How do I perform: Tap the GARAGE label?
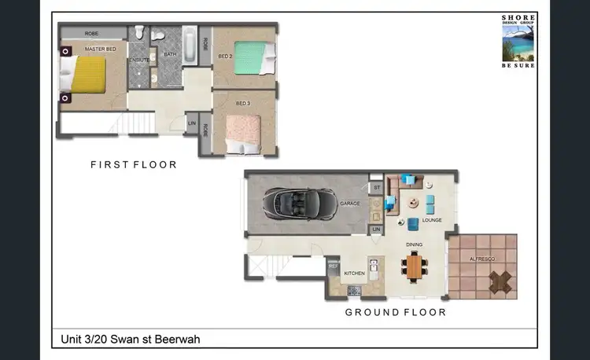pyautogui.click(x=350, y=204)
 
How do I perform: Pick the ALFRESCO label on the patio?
pyautogui.click(x=482, y=258)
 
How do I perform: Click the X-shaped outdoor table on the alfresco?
pyautogui.click(x=499, y=280)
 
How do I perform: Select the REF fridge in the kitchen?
pyautogui.click(x=333, y=267)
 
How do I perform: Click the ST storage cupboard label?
pyautogui.click(x=376, y=188)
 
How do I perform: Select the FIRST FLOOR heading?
pyautogui.click(x=134, y=165)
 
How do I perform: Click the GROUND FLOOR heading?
pyautogui.click(x=396, y=312)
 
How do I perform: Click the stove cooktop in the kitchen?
pyautogui.click(x=354, y=291)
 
